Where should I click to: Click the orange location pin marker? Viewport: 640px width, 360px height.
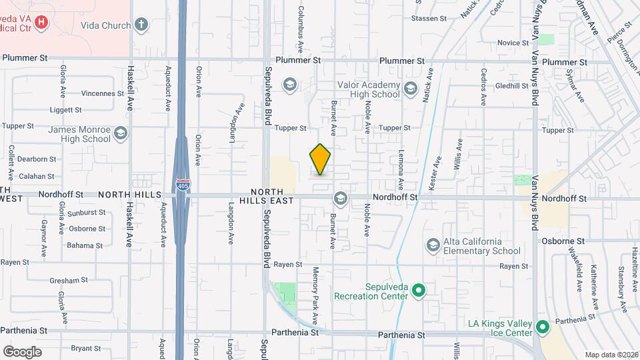click(320, 159)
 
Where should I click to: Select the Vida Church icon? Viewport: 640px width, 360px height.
click(141, 25)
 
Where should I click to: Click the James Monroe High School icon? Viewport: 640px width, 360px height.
click(121, 133)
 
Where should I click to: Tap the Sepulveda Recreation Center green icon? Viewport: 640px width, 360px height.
click(419, 291)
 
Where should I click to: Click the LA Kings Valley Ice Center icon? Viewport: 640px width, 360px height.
click(542, 327)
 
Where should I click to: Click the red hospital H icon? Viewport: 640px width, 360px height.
click(41, 23)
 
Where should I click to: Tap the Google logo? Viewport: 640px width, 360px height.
click(22, 351)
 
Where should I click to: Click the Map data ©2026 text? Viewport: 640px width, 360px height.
click(611, 355)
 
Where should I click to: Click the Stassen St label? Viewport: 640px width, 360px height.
click(429, 19)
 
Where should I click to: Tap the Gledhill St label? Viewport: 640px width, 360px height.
click(511, 86)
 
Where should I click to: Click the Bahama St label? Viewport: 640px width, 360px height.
click(85, 245)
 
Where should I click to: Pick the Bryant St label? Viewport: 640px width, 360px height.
click(85, 348)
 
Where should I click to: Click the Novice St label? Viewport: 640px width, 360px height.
click(513, 43)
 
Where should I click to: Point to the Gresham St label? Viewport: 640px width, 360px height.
click(69, 281)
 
